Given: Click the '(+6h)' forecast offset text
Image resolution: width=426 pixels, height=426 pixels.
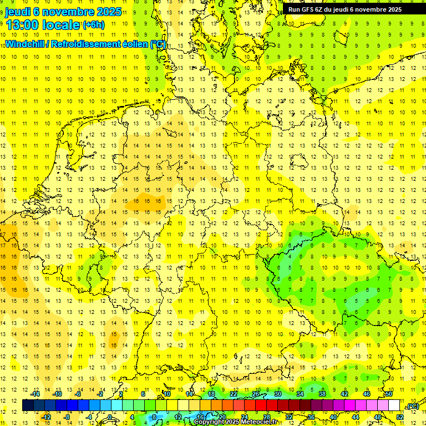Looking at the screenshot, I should coord(93,25).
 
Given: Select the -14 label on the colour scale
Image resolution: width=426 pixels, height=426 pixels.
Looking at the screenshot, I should coord(36,394).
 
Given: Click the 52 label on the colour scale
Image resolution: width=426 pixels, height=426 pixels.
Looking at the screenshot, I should coord(400,417).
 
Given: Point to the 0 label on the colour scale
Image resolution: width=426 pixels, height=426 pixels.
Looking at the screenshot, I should coord(110,417).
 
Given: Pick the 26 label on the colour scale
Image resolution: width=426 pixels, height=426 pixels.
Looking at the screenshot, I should coord(256,394).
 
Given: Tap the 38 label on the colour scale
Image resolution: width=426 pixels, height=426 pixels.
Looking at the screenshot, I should coord(322,394).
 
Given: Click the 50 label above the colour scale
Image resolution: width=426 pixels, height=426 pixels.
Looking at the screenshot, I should coord(388,394).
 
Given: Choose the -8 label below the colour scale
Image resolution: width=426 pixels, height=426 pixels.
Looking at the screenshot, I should coord(67,417).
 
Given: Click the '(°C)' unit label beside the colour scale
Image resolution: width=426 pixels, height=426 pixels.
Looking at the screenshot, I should coord(413,406).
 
